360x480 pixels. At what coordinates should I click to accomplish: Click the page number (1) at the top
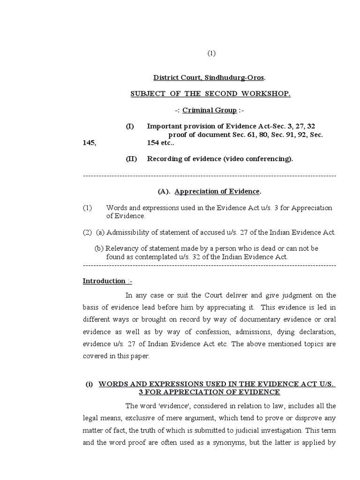click(211, 53)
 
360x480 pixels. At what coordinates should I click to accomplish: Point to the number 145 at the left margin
click(89, 143)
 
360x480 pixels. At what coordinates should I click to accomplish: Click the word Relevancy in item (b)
click(120, 248)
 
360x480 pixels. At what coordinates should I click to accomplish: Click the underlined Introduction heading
click(104, 281)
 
